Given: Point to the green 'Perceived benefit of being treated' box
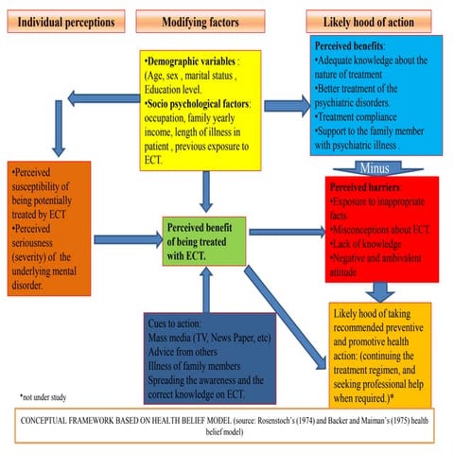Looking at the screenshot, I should pos(204,240).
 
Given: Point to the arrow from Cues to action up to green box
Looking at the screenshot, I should pos(204,288).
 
